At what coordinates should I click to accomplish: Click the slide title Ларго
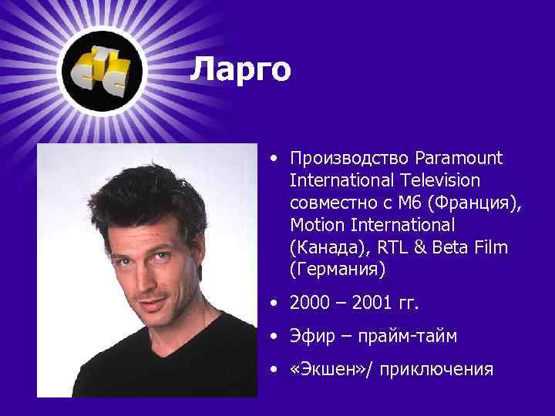240,70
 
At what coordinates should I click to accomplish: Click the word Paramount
459,159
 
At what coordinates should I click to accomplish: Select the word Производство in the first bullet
350,159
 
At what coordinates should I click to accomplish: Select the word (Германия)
336,270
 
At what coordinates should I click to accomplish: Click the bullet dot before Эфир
275,337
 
